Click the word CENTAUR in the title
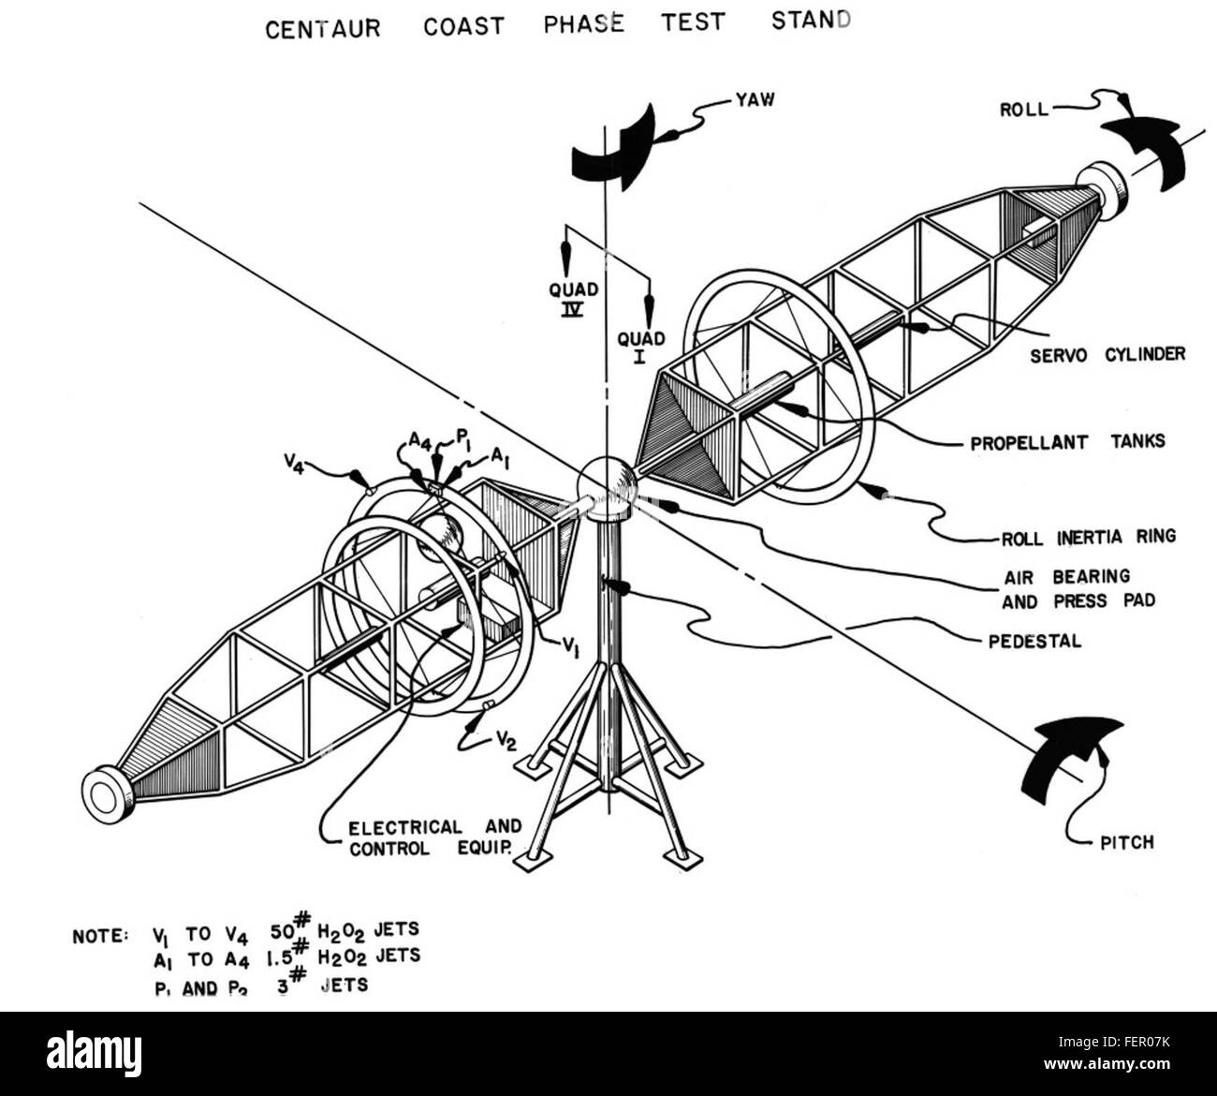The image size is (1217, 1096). (x=323, y=28)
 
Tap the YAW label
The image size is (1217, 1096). (x=755, y=99)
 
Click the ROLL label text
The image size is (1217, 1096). (x=1023, y=110)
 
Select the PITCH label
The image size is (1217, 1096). (x=1127, y=842)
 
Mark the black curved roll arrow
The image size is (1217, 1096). (x=1147, y=150)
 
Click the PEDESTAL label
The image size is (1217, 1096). (x=1034, y=642)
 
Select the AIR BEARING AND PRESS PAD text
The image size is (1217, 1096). (x=1077, y=588)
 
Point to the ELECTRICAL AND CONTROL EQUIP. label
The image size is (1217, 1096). (x=434, y=837)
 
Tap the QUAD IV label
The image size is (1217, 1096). (x=572, y=299)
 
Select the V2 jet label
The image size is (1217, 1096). (x=506, y=742)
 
